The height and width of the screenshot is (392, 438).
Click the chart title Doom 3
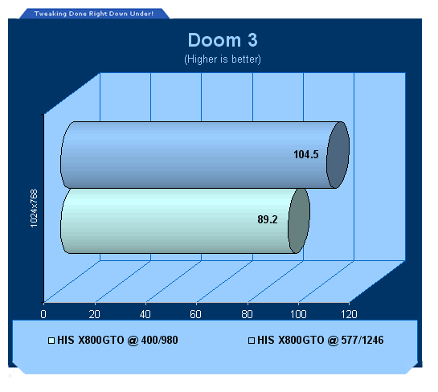click(223, 40)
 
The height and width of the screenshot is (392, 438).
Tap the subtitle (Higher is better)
click(223, 59)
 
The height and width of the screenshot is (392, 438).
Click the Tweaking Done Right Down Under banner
click(94, 14)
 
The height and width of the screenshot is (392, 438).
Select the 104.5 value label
click(306, 154)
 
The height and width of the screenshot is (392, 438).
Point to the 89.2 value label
click(268, 219)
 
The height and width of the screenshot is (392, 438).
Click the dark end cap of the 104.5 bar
click(338, 155)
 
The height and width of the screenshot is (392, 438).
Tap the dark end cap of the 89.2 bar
click(299, 221)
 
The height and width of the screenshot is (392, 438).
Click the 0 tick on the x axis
click(43, 314)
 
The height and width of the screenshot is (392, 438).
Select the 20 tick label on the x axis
click(94, 314)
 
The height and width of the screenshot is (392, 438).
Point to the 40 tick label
click(145, 314)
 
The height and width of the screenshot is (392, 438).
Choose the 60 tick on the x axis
click(195, 314)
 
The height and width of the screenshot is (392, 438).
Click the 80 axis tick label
click(247, 314)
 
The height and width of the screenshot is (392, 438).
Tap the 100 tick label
click(298, 314)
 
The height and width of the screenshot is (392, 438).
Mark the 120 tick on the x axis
click(349, 314)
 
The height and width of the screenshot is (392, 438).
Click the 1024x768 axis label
click(34, 208)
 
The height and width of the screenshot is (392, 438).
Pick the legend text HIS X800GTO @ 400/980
click(117, 341)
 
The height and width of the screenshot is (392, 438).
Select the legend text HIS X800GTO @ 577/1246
click(321, 341)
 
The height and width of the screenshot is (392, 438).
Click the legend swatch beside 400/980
click(51, 341)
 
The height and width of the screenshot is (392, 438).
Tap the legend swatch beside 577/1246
click(252, 341)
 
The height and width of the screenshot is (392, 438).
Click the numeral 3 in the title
click(252, 40)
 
